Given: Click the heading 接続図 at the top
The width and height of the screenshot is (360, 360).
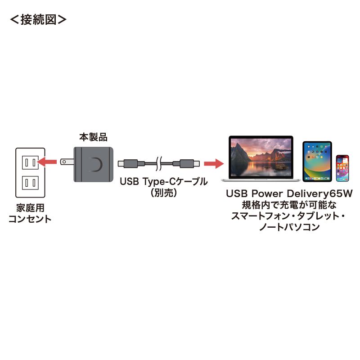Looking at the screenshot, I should click(38, 20).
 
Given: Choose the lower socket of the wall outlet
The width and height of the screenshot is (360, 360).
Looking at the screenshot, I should click(30, 183).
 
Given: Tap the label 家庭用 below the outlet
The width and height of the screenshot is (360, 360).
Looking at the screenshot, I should click(30, 209).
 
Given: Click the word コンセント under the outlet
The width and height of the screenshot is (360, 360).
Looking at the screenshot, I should click(30, 220).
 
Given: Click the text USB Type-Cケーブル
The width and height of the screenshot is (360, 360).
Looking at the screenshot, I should click(163, 182).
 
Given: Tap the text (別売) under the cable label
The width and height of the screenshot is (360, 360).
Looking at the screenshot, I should click(163, 193).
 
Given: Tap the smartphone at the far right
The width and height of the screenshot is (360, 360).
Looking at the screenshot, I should click(342, 168).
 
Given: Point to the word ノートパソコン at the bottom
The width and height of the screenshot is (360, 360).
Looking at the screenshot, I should click(288, 228).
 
